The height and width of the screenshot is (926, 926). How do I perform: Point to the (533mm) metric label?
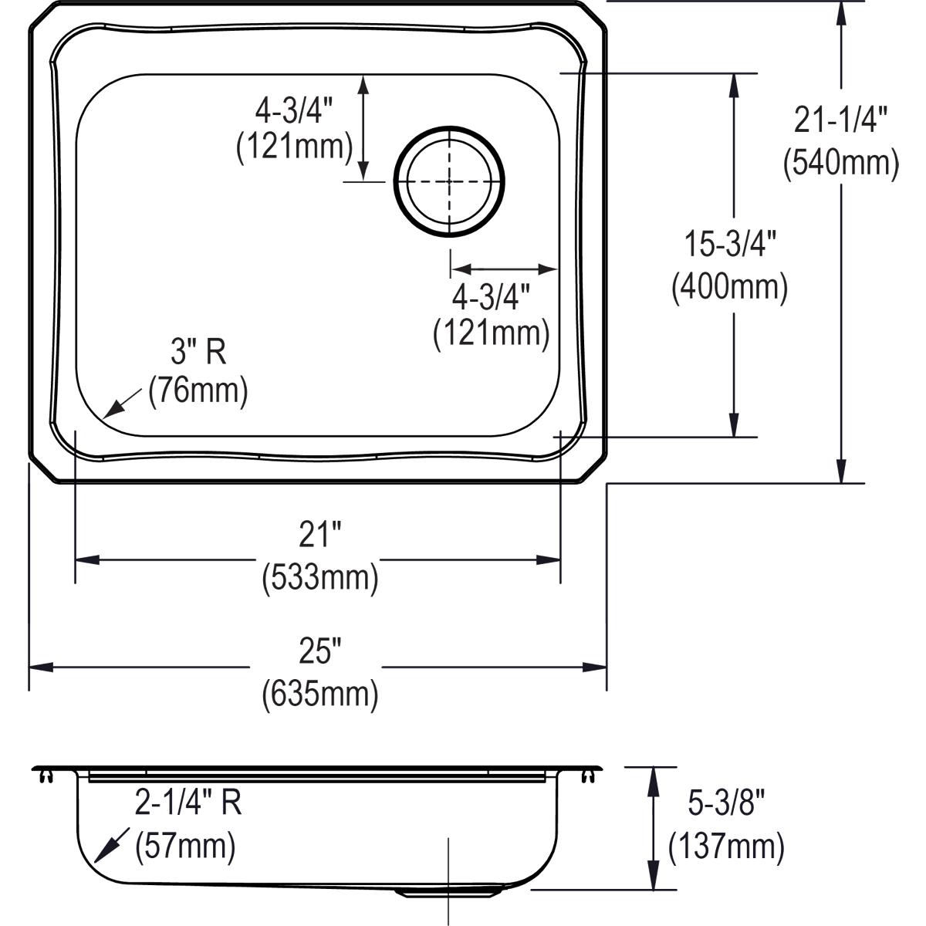319,576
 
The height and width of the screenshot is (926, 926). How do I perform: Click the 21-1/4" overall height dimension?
840,121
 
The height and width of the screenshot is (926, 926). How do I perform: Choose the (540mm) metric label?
840,163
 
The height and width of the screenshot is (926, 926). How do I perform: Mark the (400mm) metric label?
729,287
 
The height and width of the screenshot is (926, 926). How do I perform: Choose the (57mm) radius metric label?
184,847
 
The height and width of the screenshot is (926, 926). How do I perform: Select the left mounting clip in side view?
46,775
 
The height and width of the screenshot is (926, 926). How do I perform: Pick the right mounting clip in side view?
590,775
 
